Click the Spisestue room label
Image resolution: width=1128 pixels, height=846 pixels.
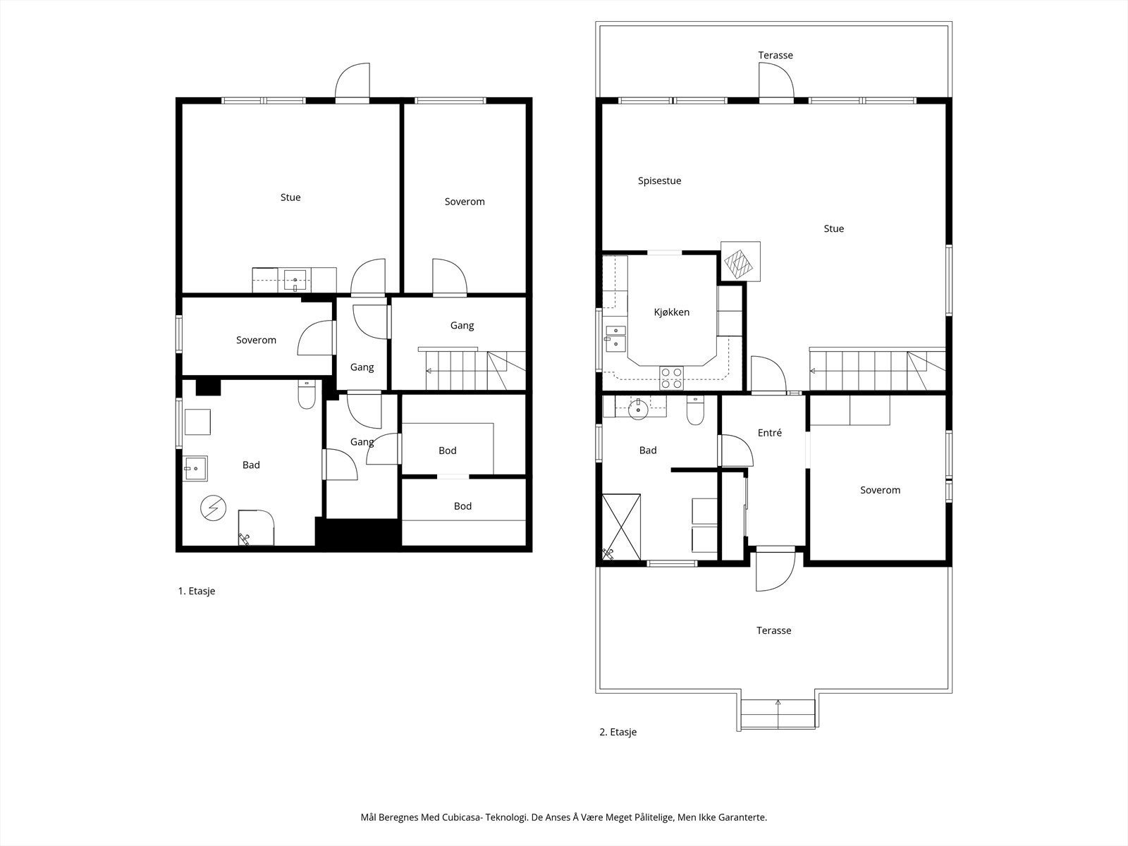click(659, 180)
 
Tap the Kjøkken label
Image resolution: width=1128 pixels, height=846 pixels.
click(672, 312)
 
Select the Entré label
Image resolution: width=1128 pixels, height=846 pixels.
click(770, 433)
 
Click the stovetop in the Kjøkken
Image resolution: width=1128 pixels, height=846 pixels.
click(672, 378)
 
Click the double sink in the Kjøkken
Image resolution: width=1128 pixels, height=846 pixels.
click(615, 338)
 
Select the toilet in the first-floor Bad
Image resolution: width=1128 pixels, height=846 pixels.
click(307, 395)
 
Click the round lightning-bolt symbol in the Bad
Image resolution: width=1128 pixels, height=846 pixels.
click(214, 508)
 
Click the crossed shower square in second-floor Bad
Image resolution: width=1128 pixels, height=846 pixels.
click(621, 527)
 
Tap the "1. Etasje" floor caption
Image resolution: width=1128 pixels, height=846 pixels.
click(196, 591)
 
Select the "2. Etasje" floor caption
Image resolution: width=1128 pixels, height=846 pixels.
click(618, 732)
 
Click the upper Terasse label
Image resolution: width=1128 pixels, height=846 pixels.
click(775, 55)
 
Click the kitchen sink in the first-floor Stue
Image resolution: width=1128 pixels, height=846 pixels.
click(295, 281)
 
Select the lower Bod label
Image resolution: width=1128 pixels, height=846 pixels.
click(462, 506)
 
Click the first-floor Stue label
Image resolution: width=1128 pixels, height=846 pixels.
click(290, 197)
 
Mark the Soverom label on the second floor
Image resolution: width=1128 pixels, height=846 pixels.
click(881, 490)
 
